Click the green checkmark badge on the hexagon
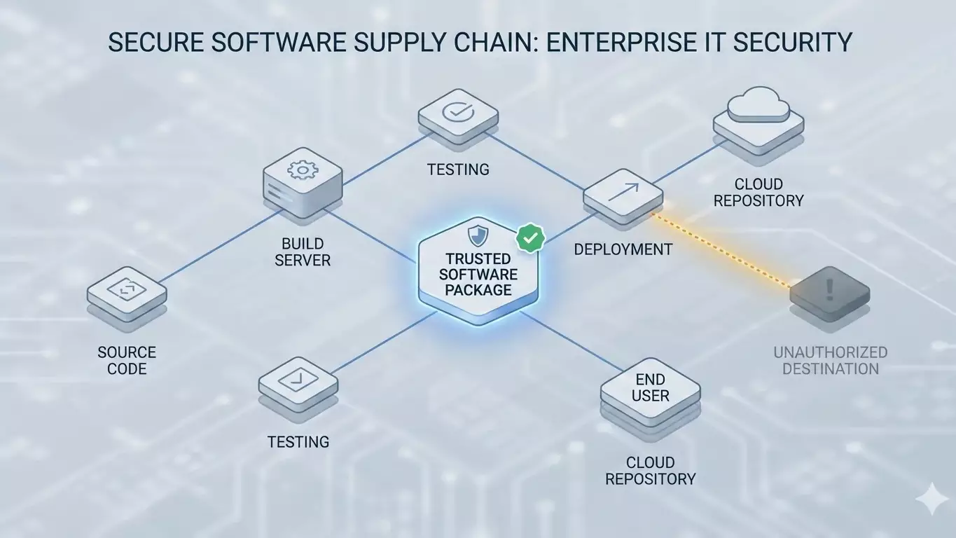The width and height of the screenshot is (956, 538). click(530, 238)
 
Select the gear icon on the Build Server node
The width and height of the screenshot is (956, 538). click(303, 170)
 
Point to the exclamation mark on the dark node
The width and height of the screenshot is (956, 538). click(830, 287)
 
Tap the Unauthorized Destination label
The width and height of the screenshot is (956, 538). click(830, 360)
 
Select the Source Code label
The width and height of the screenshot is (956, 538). click(127, 360)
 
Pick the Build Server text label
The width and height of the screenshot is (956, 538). click(303, 252)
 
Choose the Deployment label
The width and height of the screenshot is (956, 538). click(623, 249)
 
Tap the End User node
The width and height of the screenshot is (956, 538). click(650, 388)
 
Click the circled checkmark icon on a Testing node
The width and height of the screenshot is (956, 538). click(458, 111)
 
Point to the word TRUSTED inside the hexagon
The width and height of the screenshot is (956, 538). click(478, 259)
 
